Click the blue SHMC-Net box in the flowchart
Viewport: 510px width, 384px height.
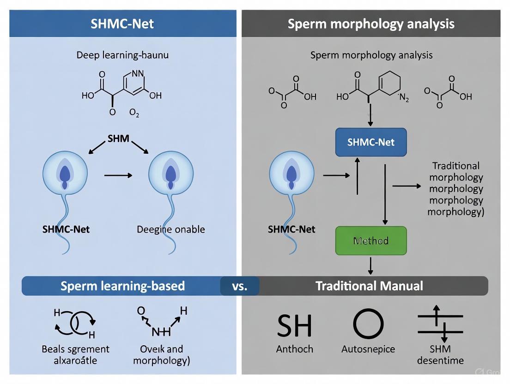371,142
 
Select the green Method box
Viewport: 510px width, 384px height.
371,240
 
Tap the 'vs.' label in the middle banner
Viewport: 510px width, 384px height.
240,286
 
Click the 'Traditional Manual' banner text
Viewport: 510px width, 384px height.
369,286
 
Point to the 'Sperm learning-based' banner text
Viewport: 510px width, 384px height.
122,286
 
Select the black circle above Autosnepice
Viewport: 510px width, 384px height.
368,324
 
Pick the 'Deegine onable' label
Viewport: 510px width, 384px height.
171,229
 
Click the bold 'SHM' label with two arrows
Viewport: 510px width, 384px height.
118,138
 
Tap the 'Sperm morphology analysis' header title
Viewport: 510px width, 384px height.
371,24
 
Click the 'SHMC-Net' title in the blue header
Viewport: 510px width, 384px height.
122,24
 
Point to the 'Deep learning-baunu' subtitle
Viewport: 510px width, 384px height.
122,55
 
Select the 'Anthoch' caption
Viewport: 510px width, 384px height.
294,349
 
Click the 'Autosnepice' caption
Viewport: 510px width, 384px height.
368,349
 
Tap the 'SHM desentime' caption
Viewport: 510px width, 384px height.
440,354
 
